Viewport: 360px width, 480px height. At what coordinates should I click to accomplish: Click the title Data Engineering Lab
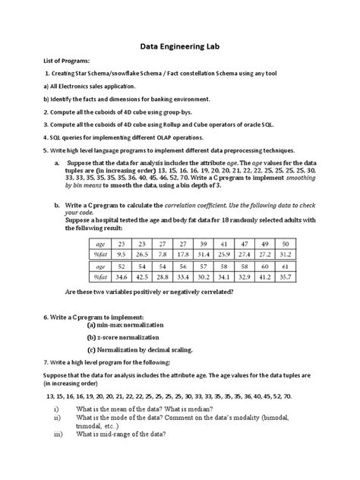[x=180, y=45]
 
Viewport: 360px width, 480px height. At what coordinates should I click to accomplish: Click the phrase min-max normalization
[x=125, y=324]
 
